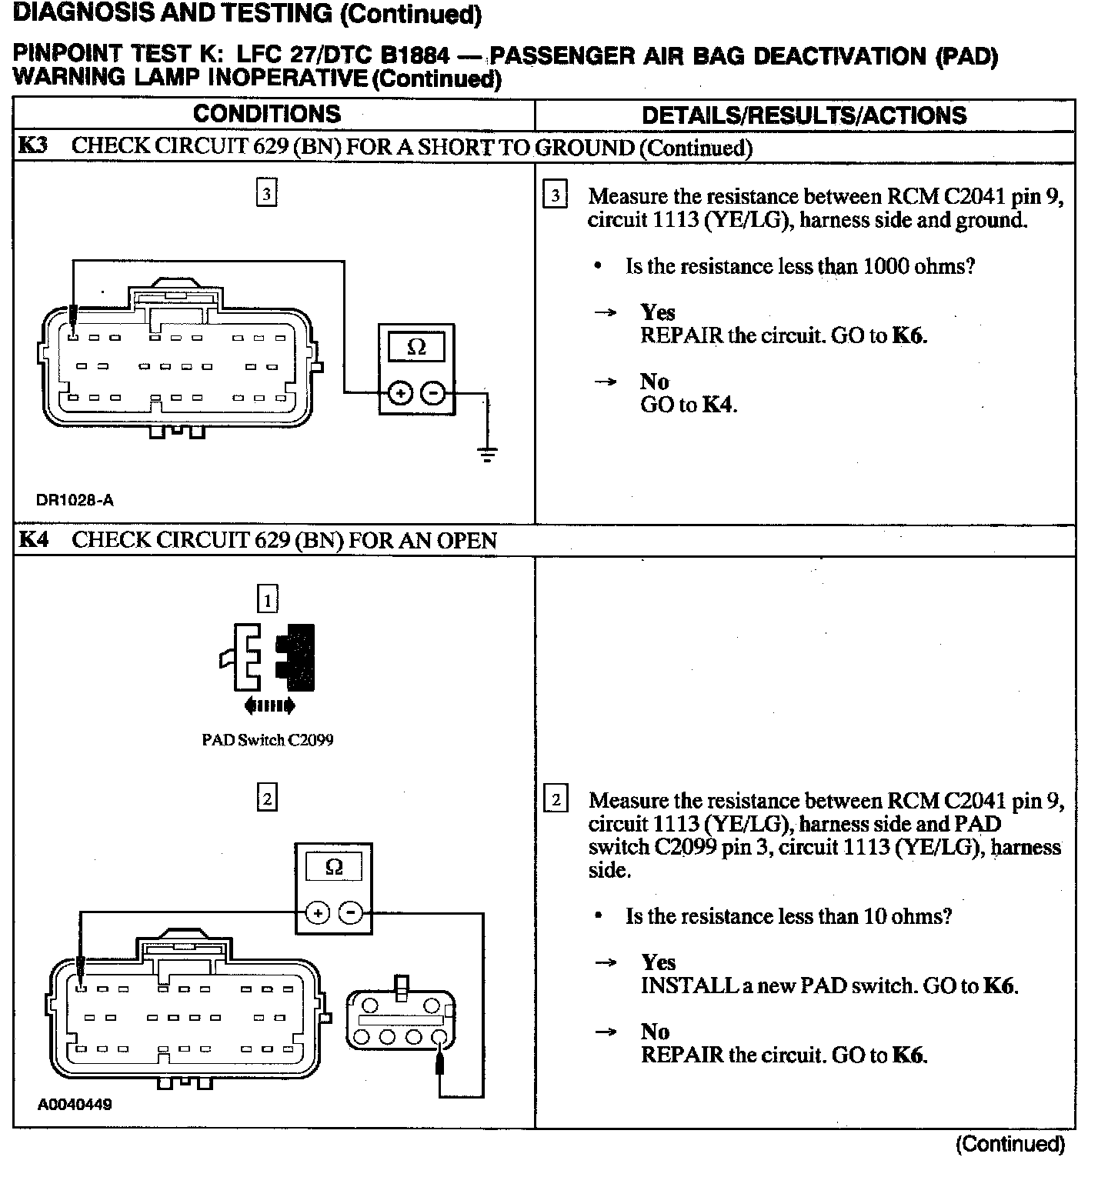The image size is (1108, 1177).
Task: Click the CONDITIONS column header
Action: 266,114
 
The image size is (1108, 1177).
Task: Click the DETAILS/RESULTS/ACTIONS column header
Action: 804,115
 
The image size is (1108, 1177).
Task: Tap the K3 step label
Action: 32,146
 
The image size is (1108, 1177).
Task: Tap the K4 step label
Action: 32,540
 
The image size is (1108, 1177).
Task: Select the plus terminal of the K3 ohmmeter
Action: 399,393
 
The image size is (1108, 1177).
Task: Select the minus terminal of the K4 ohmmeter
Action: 351,913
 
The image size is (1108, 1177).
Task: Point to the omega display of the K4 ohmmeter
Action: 334,868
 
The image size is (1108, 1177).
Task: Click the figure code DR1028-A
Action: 75,500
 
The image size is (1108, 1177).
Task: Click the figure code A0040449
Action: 75,1105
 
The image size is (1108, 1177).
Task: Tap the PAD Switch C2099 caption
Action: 267,740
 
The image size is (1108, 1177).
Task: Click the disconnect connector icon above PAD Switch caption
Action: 268,656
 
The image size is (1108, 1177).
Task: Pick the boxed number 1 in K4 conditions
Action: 267,599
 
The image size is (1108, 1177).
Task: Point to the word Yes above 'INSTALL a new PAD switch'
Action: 659,962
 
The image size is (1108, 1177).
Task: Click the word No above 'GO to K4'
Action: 655,382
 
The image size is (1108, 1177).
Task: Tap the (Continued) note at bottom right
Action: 1010,1145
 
